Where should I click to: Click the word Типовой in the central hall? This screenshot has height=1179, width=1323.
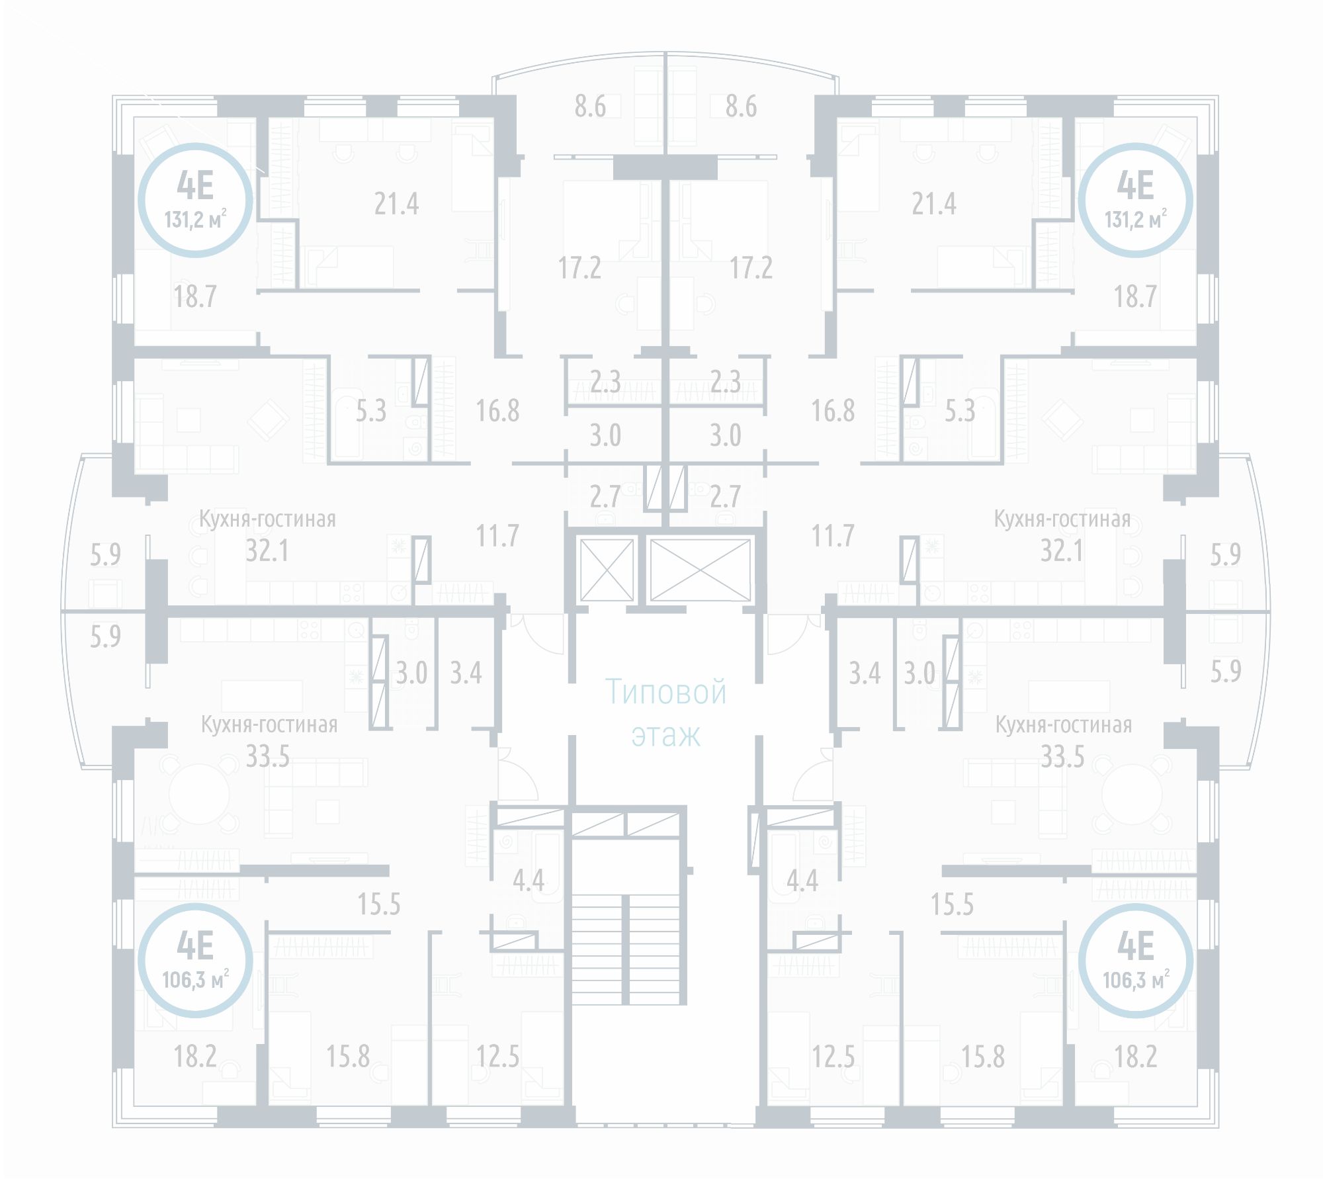(665, 693)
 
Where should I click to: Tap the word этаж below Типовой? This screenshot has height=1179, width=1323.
(665, 736)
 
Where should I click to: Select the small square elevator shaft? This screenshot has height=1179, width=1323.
(607, 570)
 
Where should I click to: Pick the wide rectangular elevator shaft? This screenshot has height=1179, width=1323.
(700, 570)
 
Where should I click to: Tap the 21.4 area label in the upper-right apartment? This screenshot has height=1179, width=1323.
(933, 204)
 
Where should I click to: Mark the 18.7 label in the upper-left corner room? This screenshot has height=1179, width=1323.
(194, 296)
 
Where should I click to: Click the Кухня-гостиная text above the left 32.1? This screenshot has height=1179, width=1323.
(267, 519)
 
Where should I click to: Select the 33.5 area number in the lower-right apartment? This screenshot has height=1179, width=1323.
(1062, 756)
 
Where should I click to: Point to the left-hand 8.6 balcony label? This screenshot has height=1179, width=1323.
(589, 107)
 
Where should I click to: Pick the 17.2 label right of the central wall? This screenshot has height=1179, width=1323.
(751, 268)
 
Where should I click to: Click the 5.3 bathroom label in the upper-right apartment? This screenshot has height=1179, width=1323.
(959, 412)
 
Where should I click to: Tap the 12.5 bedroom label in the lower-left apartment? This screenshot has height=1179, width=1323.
(497, 1057)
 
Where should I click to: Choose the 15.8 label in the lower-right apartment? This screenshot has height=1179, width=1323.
(982, 1057)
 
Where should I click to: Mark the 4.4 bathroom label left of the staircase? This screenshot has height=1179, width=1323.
(529, 881)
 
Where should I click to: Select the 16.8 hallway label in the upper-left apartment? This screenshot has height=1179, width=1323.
(497, 411)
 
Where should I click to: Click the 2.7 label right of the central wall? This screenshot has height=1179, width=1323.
(725, 497)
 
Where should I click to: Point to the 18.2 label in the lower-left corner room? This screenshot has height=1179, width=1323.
(194, 1057)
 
